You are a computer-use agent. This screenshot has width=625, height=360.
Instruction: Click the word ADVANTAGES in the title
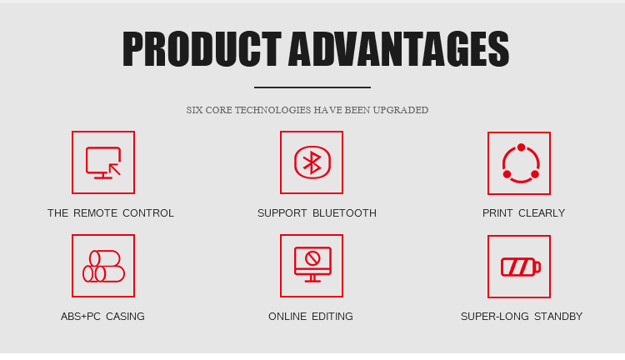[x=398, y=48]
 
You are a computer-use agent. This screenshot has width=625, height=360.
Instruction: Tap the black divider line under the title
[x=312, y=87]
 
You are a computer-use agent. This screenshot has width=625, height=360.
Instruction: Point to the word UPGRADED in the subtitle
[x=401, y=110]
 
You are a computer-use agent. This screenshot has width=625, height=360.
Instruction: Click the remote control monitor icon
[x=103, y=162]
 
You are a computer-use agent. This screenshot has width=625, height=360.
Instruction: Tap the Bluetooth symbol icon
[x=312, y=162]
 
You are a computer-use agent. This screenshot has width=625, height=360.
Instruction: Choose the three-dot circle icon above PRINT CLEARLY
[x=521, y=163]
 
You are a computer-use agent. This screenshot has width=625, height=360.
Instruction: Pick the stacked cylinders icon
[x=103, y=266]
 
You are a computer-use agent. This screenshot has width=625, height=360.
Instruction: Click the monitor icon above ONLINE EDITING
[x=312, y=264]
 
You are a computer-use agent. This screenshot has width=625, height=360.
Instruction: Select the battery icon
[x=521, y=267]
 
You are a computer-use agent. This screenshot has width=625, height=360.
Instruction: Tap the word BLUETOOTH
[x=344, y=213]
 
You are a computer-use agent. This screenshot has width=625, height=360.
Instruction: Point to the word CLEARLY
[x=542, y=213]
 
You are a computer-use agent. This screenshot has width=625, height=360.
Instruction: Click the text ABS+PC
[x=81, y=317]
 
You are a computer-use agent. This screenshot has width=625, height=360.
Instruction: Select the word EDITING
[x=332, y=317]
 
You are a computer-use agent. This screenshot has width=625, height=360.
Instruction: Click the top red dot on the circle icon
[x=522, y=147]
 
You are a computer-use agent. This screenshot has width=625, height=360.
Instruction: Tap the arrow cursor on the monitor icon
[x=115, y=169]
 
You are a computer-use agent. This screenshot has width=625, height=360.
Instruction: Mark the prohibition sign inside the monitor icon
[x=312, y=258]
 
